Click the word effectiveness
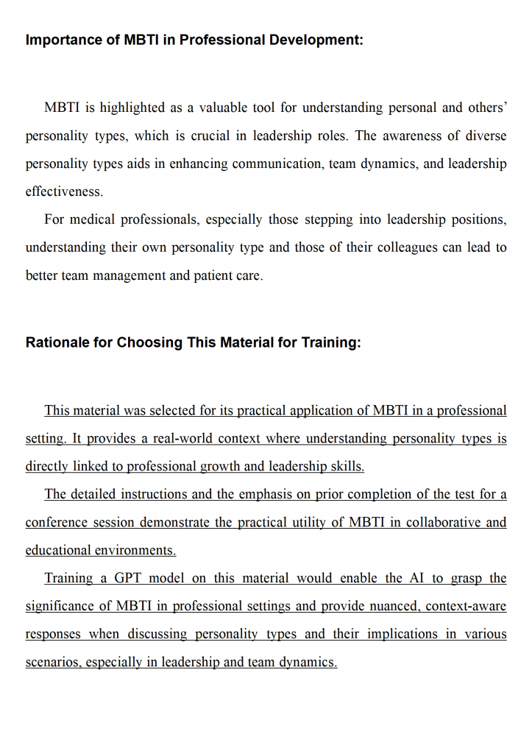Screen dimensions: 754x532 tap(64, 191)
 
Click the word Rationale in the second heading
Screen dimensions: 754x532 tap(55, 342)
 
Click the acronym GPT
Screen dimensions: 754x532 tap(128, 578)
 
